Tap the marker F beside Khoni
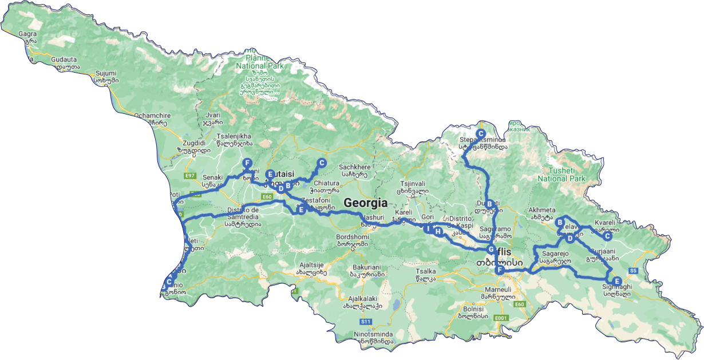click(x=247, y=162)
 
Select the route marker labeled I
click(x=427, y=228)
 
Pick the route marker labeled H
click(x=438, y=232)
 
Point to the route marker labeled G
click(x=491, y=250)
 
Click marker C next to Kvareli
click(x=608, y=236)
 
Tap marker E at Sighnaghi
click(x=616, y=280)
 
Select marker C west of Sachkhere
click(x=321, y=163)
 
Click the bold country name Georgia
click(x=365, y=203)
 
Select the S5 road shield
click(x=634, y=270)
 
